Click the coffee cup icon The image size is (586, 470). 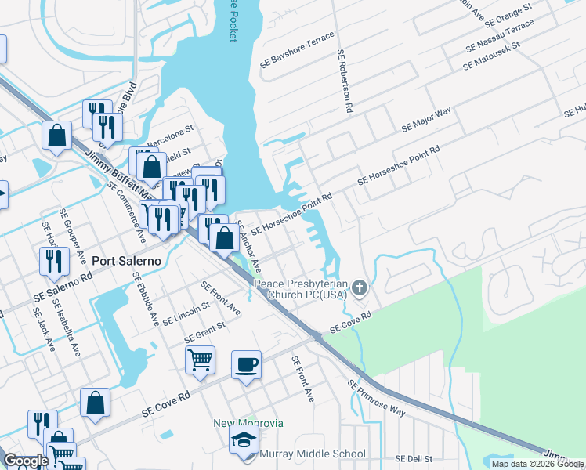coord(246,364)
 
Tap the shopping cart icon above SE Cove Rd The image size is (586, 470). coord(200,360)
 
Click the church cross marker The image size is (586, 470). coord(360,287)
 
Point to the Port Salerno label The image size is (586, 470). coord(126,261)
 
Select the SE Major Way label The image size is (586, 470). coord(426,117)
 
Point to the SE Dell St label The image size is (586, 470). coord(414,458)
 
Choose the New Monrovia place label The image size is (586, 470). coord(248,423)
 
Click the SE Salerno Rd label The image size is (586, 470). coord(63,287)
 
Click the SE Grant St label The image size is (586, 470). coord(204,332)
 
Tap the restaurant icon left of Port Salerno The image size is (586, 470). coord(52,260)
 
